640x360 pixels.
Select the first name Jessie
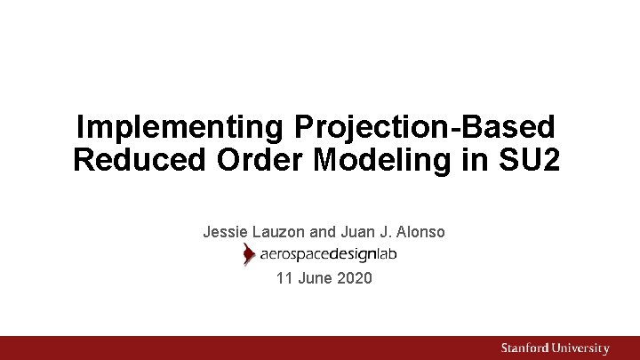(x=226, y=232)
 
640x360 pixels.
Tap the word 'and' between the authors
(x=324, y=232)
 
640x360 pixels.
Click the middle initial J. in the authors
(x=385, y=232)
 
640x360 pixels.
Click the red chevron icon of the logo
(x=249, y=255)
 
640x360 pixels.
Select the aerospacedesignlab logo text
(x=328, y=255)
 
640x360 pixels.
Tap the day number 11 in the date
(x=284, y=278)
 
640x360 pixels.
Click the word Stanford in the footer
(x=525, y=348)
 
